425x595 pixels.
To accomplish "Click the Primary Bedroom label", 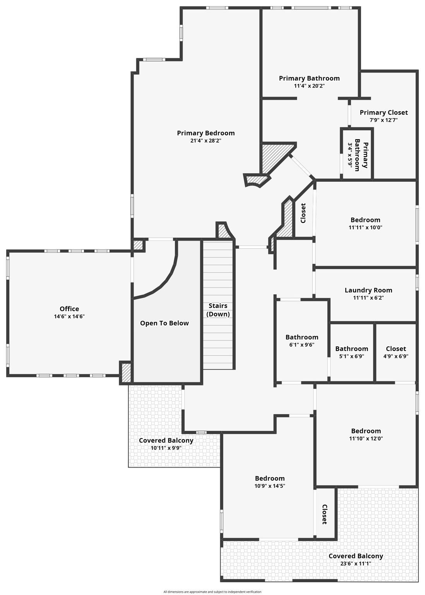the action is tap(206, 133).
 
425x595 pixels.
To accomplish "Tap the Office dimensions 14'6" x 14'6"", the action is tap(69, 316).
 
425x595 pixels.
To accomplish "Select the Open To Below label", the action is tap(165, 323).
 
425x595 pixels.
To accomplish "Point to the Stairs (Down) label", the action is tap(218, 310).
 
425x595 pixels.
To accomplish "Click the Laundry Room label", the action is tap(368, 290).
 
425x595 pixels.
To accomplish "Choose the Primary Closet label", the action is tap(384, 112).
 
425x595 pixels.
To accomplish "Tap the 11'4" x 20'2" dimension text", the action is tap(309, 86).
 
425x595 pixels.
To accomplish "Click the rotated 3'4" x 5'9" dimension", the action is tap(350, 155).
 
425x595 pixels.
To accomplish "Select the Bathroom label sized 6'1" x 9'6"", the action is tap(302, 337).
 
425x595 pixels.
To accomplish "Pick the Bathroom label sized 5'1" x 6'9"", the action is tap(351, 349).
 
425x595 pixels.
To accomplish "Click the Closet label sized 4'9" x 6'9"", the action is tap(396, 349).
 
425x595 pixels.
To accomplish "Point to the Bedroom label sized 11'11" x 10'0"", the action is tap(365, 220).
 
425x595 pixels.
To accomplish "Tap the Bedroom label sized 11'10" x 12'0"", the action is tap(366, 431).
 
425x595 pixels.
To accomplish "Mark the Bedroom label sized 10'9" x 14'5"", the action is tap(270, 478).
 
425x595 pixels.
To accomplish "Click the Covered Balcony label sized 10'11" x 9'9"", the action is tap(166, 440).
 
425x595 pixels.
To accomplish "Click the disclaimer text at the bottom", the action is tap(212, 592).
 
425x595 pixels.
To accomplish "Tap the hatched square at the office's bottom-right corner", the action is tap(126, 373).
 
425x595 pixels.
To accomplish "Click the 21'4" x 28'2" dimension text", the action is tap(206, 141).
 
